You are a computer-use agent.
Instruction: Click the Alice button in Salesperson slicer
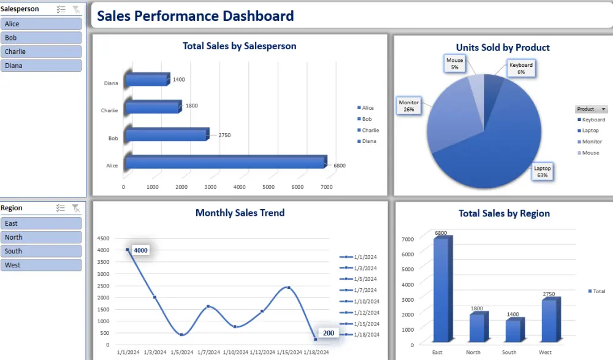pos(41,24)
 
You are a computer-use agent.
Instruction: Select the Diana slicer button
pos(41,66)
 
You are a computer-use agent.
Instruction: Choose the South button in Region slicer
pos(41,251)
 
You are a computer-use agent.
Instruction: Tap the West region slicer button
pos(41,265)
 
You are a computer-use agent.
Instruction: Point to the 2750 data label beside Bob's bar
pos(224,135)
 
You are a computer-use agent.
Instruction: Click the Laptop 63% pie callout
pos(541,172)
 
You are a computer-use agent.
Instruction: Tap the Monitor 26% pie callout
pos(409,105)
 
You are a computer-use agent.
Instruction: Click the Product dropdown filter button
pos(591,109)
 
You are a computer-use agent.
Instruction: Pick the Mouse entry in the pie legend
pos(590,153)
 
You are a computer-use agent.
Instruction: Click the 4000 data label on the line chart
pos(140,250)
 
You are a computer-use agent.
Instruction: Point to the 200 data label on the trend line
pos(329,333)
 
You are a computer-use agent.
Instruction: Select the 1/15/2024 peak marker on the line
pos(288,287)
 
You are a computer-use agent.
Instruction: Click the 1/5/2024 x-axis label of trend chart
pos(181,352)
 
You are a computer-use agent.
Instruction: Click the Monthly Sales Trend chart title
pos(240,213)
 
